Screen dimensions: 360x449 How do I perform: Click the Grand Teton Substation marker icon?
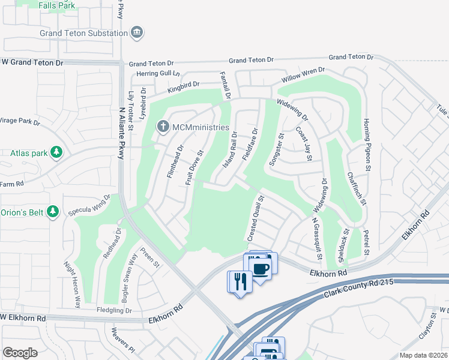pos(137,32)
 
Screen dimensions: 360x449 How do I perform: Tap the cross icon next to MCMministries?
pos(162,127)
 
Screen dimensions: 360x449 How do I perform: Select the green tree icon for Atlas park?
pos(56,152)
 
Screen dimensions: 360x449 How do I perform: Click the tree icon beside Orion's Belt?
pos(53,211)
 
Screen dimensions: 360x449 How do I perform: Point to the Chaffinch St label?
pos(356,188)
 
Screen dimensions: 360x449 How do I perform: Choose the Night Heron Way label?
pos(71,284)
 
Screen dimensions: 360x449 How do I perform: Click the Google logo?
pos(20,352)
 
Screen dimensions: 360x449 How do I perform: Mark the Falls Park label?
pos(56,5)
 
